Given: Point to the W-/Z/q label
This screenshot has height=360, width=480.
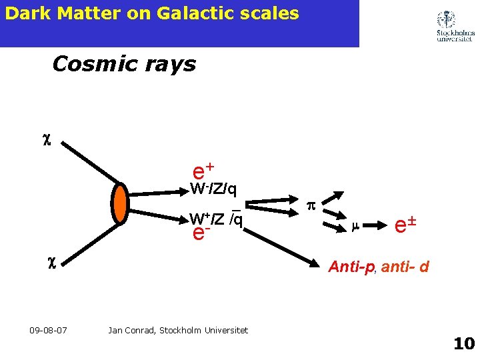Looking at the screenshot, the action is (213, 189).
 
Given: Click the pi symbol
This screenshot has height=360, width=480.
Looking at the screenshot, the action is (309, 207).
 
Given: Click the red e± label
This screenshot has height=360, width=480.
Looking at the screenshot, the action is (405, 225).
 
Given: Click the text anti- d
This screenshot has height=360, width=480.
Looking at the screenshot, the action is (405, 267).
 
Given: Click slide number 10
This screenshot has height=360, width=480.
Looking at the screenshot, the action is (463, 344).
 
